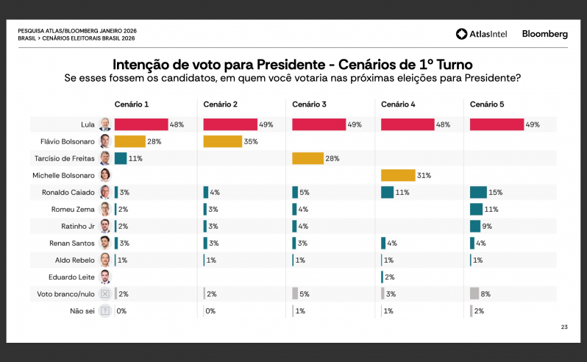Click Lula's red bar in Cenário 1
coord(141,124)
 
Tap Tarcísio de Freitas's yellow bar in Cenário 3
coord(307,158)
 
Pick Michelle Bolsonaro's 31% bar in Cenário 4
coord(397,175)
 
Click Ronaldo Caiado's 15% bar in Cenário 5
coord(477,192)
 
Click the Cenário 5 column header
coord(488,104)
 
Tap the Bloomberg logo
coord(544,34)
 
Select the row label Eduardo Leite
coord(76,277)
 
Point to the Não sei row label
coord(81,310)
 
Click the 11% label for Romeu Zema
coord(491,209)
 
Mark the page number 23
coord(564,326)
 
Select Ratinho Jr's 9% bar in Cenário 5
coord(475,226)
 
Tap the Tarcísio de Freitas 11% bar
coord(121,158)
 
